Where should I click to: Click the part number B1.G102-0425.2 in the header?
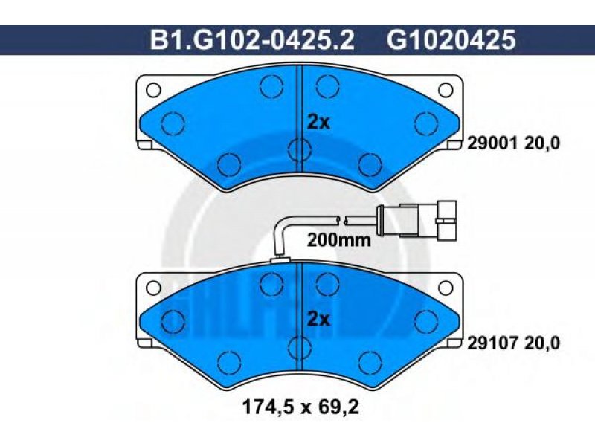coord(252,40)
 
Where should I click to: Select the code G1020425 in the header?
coord(451,40)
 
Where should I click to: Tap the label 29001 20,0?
coord(513,143)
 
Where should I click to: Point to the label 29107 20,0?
coord(513,343)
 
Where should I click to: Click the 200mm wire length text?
coord(338,240)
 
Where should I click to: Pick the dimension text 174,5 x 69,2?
coord(300,407)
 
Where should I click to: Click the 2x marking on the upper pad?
coord(318,122)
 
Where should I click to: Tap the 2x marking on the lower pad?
coord(318,320)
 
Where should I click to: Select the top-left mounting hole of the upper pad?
coord(153,90)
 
